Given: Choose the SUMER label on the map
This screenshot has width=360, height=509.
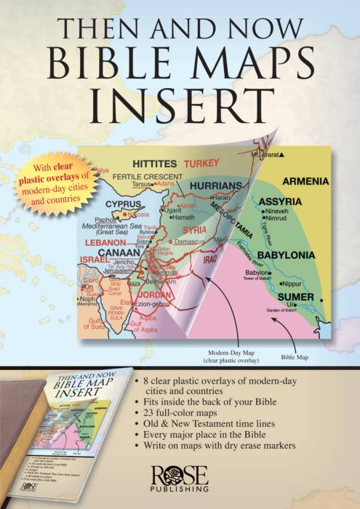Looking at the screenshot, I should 297,297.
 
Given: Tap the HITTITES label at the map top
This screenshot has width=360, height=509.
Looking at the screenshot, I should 149,164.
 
